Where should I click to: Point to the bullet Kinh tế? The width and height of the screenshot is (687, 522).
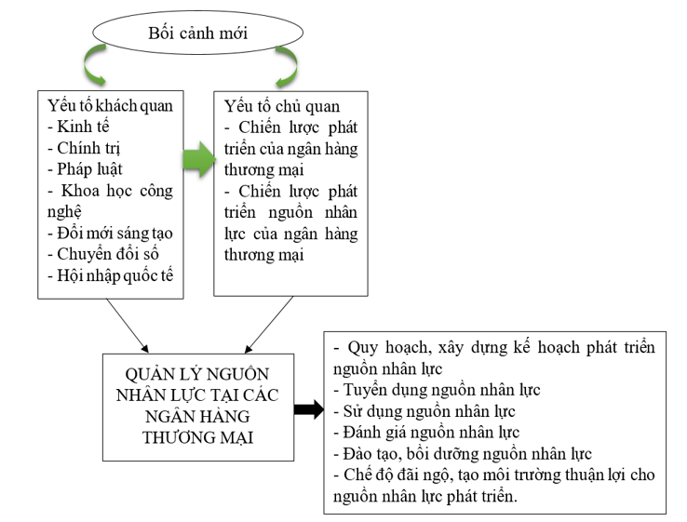[x=85, y=126]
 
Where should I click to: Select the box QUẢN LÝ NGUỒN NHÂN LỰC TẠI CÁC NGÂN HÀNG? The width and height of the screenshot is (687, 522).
[x=194, y=408]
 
